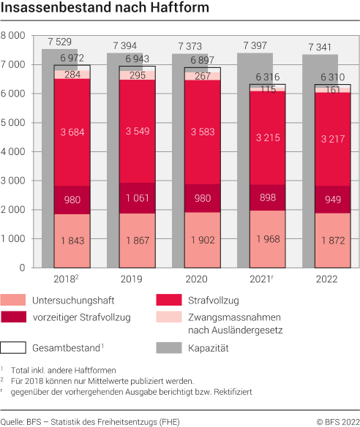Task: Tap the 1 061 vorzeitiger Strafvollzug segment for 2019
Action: click(137, 197)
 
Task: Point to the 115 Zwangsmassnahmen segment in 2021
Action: click(269, 88)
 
